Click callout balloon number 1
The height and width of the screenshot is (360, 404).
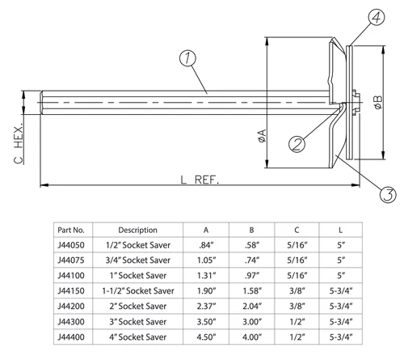187,58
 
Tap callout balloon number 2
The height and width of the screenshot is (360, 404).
297,144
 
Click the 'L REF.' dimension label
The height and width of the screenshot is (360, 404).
198,178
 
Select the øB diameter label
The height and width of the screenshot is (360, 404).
377,101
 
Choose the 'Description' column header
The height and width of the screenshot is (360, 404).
137,229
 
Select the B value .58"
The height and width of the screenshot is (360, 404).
253,244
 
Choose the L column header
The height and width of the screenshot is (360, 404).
342,229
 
